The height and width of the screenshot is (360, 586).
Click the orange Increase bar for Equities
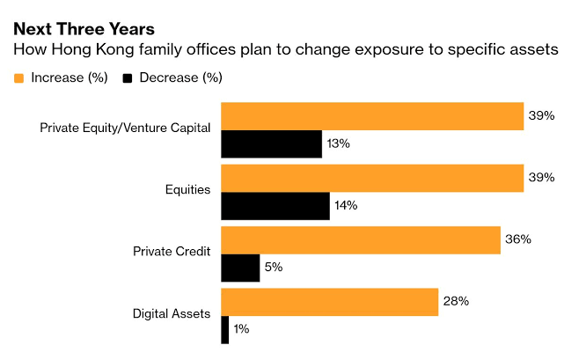click(372, 178)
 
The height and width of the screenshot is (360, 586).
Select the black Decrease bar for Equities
click(275, 206)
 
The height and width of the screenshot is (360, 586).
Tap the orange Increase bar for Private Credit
click(360, 239)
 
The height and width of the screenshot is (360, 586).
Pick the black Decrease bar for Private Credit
click(240, 268)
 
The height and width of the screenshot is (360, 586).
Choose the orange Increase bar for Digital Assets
click(329, 302)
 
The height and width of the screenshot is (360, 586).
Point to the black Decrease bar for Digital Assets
click(224, 329)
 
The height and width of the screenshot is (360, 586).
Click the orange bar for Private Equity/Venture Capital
click(372, 116)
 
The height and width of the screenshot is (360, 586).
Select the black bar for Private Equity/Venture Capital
click(271, 143)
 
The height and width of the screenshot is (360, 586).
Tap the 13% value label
click(338, 143)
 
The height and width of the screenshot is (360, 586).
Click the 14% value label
click(346, 206)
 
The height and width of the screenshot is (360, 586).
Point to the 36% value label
click(517, 239)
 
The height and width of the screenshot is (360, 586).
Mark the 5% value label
click(273, 268)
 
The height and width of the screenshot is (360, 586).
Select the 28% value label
click(456, 302)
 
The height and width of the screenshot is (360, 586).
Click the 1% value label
click(242, 329)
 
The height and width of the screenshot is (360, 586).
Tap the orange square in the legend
click(18, 78)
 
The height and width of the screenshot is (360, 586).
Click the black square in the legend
click(127, 78)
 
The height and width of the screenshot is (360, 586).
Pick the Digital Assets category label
click(172, 313)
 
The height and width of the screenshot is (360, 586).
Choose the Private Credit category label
click(172, 252)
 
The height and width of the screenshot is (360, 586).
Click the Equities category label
click(187, 189)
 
